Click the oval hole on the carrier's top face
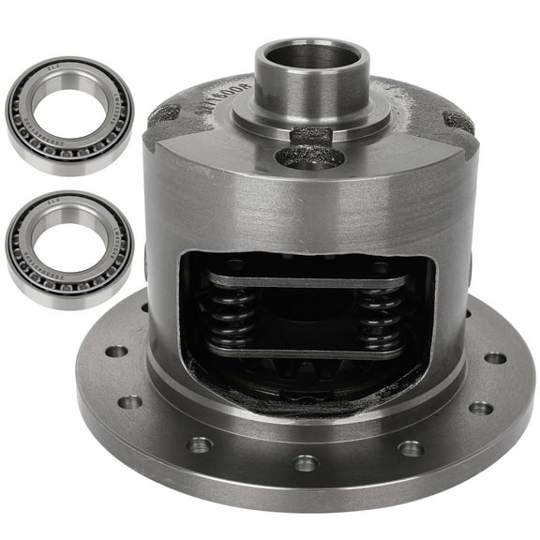pos(309,157)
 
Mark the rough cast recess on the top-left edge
pos(164,113)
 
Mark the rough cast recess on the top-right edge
pos(458,121)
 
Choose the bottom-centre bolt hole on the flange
pos(306,462)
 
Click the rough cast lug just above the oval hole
pos(309,136)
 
